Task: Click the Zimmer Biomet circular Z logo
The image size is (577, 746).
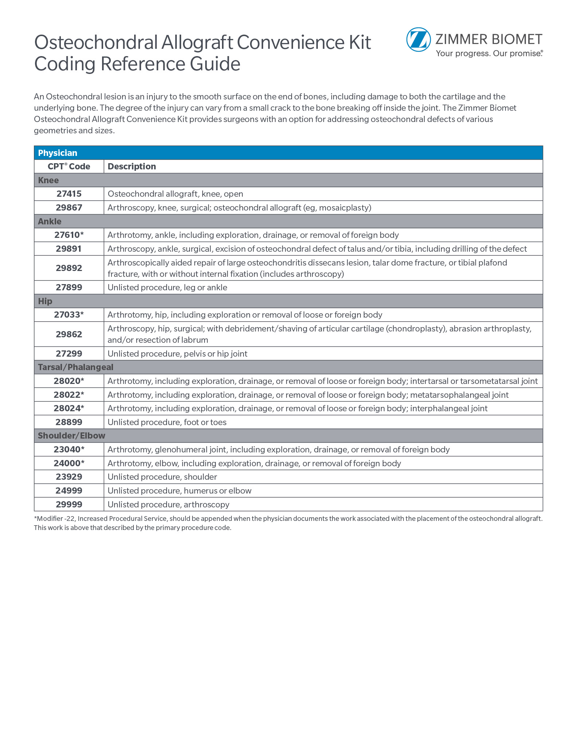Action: tap(418, 40)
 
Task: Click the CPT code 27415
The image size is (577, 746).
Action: tap(69, 194)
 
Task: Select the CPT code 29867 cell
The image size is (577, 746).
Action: tap(69, 208)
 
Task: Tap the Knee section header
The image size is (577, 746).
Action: tap(48, 180)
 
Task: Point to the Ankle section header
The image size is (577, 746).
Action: tap(50, 221)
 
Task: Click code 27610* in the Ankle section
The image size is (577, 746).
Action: tap(69, 235)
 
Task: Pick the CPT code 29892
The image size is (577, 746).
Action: tap(69, 268)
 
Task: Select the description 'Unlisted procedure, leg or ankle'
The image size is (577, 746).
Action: tap(167, 287)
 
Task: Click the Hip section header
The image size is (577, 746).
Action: tap(45, 301)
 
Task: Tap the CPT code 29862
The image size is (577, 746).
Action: tap(69, 334)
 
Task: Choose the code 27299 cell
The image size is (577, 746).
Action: tap(69, 354)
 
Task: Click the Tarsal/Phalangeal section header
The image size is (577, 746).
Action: tap(75, 367)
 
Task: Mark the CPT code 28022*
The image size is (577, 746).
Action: tap(69, 395)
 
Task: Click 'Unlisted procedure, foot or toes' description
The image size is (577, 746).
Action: tap(167, 422)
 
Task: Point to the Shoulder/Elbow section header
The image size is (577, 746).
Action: tap(71, 436)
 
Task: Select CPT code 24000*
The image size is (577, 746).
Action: tap(69, 463)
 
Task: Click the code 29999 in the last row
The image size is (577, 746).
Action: tap(69, 504)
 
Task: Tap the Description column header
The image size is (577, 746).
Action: tap(132, 166)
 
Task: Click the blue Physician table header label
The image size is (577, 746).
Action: tap(58, 153)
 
